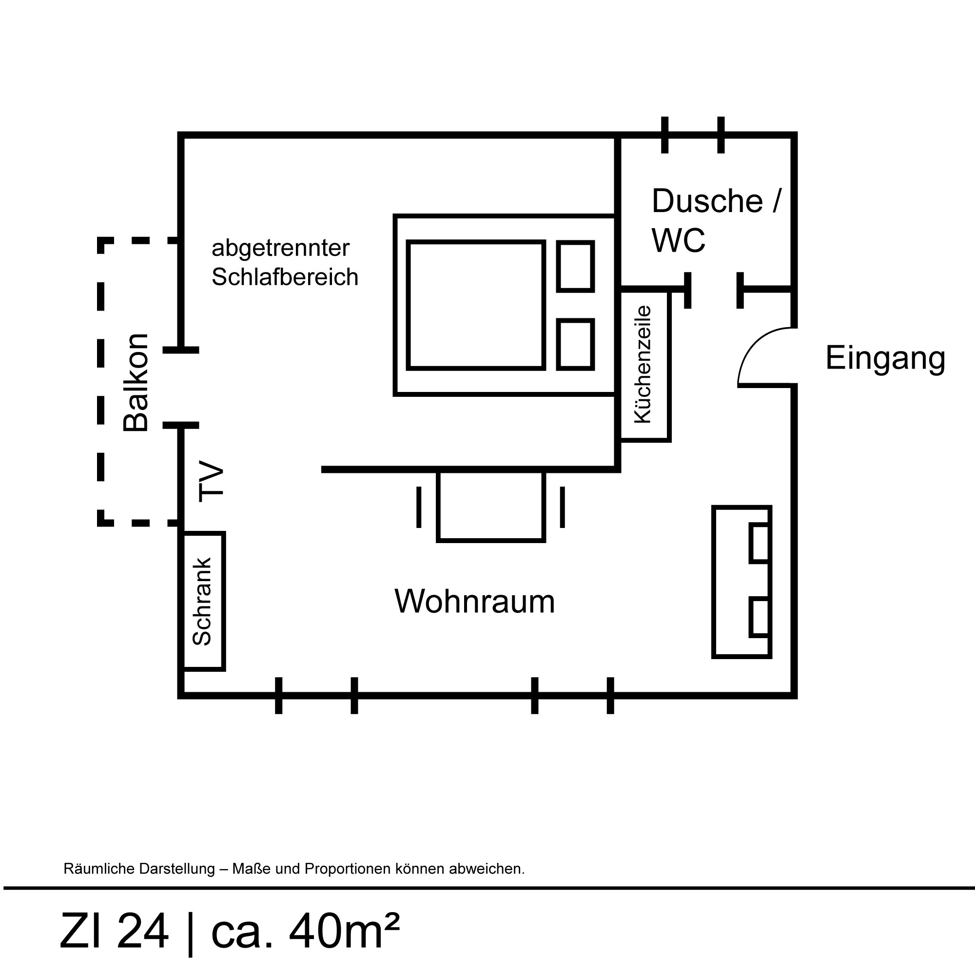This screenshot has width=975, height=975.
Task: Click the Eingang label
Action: tap(885, 359)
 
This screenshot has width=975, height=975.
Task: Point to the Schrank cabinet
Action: tap(203, 601)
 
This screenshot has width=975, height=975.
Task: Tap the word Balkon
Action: tap(136, 383)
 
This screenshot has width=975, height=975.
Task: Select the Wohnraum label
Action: tap(474, 601)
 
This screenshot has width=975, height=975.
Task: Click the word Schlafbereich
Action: tap(285, 276)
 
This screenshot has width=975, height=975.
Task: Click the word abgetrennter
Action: tap(281, 248)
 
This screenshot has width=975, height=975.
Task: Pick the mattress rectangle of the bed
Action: tap(476, 305)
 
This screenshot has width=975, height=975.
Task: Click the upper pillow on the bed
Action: tap(575, 267)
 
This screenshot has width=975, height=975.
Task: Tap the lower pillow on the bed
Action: tap(575, 345)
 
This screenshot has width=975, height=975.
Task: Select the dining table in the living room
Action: tap(491, 506)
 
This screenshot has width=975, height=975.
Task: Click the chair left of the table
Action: tap(419, 507)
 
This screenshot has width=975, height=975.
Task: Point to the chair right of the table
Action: tap(563, 507)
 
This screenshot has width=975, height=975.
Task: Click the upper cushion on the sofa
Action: tap(760, 543)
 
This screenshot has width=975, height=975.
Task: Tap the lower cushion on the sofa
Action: tap(760, 617)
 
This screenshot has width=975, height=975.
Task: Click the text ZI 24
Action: tap(114, 931)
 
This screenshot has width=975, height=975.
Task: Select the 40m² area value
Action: tap(344, 930)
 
